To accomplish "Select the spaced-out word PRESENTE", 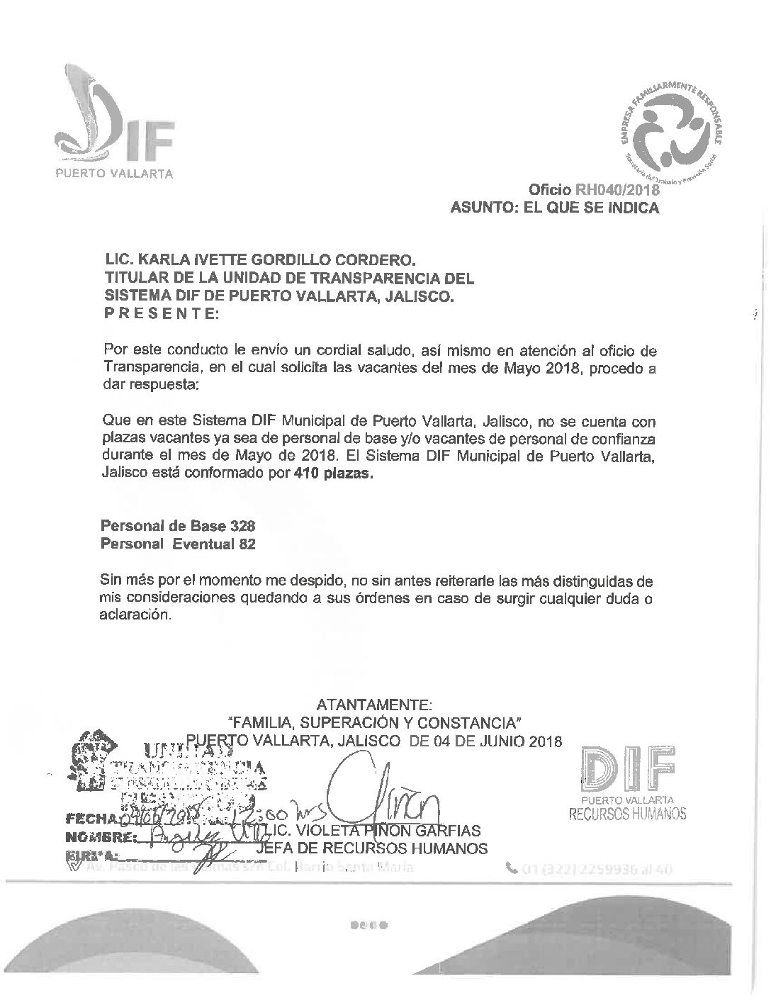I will [162, 314].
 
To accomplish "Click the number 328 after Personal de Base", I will [242, 527].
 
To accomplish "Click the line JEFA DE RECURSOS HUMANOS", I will [371, 848].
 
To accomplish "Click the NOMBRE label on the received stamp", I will [99, 837].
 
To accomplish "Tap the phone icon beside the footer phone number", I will [512, 867].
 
